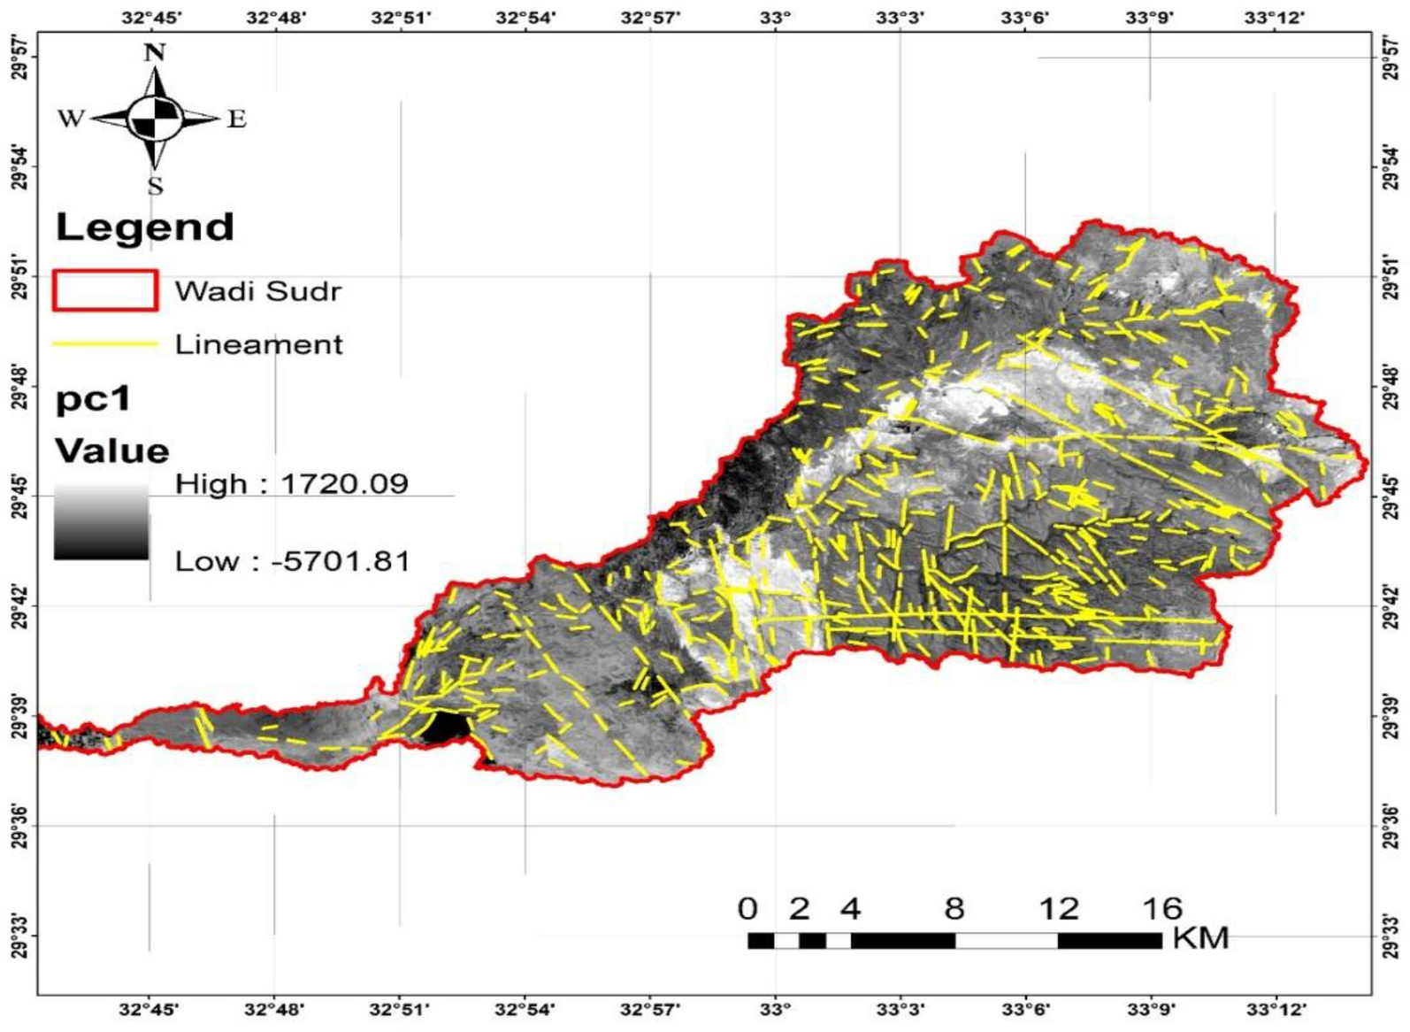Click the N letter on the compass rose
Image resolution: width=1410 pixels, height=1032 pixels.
click(x=155, y=53)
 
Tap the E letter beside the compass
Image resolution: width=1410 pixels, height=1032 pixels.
click(x=236, y=119)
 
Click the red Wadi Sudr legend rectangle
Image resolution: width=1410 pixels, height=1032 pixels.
click(x=105, y=290)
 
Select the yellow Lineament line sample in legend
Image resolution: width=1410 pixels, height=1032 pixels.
click(x=105, y=343)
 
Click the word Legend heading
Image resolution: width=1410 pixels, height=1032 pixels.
click(x=145, y=227)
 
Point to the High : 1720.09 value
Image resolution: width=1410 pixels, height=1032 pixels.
click(x=292, y=484)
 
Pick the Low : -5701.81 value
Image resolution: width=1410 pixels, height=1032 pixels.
click(x=293, y=561)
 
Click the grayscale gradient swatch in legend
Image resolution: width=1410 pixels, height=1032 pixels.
click(x=101, y=522)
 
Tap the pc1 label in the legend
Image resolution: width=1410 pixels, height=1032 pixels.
click(x=93, y=399)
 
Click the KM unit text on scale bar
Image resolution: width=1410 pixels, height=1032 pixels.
click(x=1200, y=938)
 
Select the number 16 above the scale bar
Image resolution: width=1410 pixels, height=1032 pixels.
click(x=1161, y=909)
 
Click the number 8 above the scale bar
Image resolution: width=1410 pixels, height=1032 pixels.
click(x=954, y=909)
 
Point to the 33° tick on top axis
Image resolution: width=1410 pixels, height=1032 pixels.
click(x=776, y=16)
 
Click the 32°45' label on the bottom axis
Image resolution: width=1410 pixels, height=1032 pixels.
click(x=149, y=1009)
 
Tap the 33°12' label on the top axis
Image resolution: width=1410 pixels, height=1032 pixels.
click(x=1275, y=16)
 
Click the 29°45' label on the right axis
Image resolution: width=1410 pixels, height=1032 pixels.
click(x=1392, y=497)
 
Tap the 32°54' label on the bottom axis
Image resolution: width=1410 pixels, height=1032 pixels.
click(x=525, y=1009)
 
